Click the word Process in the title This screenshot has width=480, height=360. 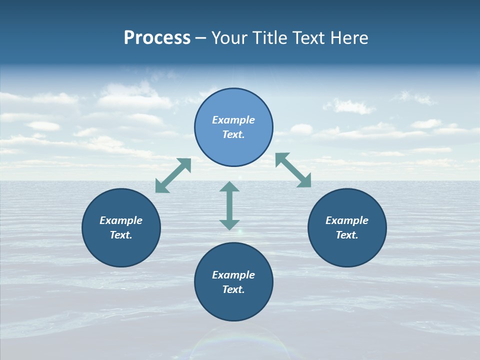click(157, 38)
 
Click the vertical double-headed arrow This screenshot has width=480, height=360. click(229, 205)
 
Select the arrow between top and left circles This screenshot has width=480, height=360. click(173, 175)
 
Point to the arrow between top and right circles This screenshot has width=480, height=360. click(293, 170)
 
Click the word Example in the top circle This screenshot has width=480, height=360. click(233, 120)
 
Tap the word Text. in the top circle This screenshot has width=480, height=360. click(233, 134)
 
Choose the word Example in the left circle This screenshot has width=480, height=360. click(121, 220)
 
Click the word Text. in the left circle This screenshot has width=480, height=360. click(121, 235)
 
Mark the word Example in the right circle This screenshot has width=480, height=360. click(347, 220)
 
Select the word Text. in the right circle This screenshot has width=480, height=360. click(347, 235)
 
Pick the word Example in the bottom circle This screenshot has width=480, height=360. click(233, 275)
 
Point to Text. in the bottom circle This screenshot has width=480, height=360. click(233, 289)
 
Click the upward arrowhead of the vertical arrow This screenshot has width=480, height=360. click(229, 187)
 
